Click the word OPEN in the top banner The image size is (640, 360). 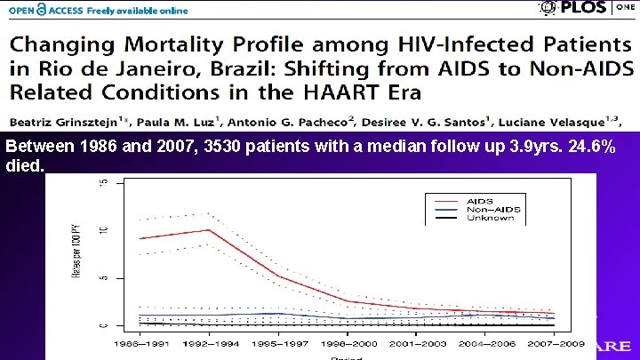pos(25,10)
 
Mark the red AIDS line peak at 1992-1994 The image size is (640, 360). pos(209,230)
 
